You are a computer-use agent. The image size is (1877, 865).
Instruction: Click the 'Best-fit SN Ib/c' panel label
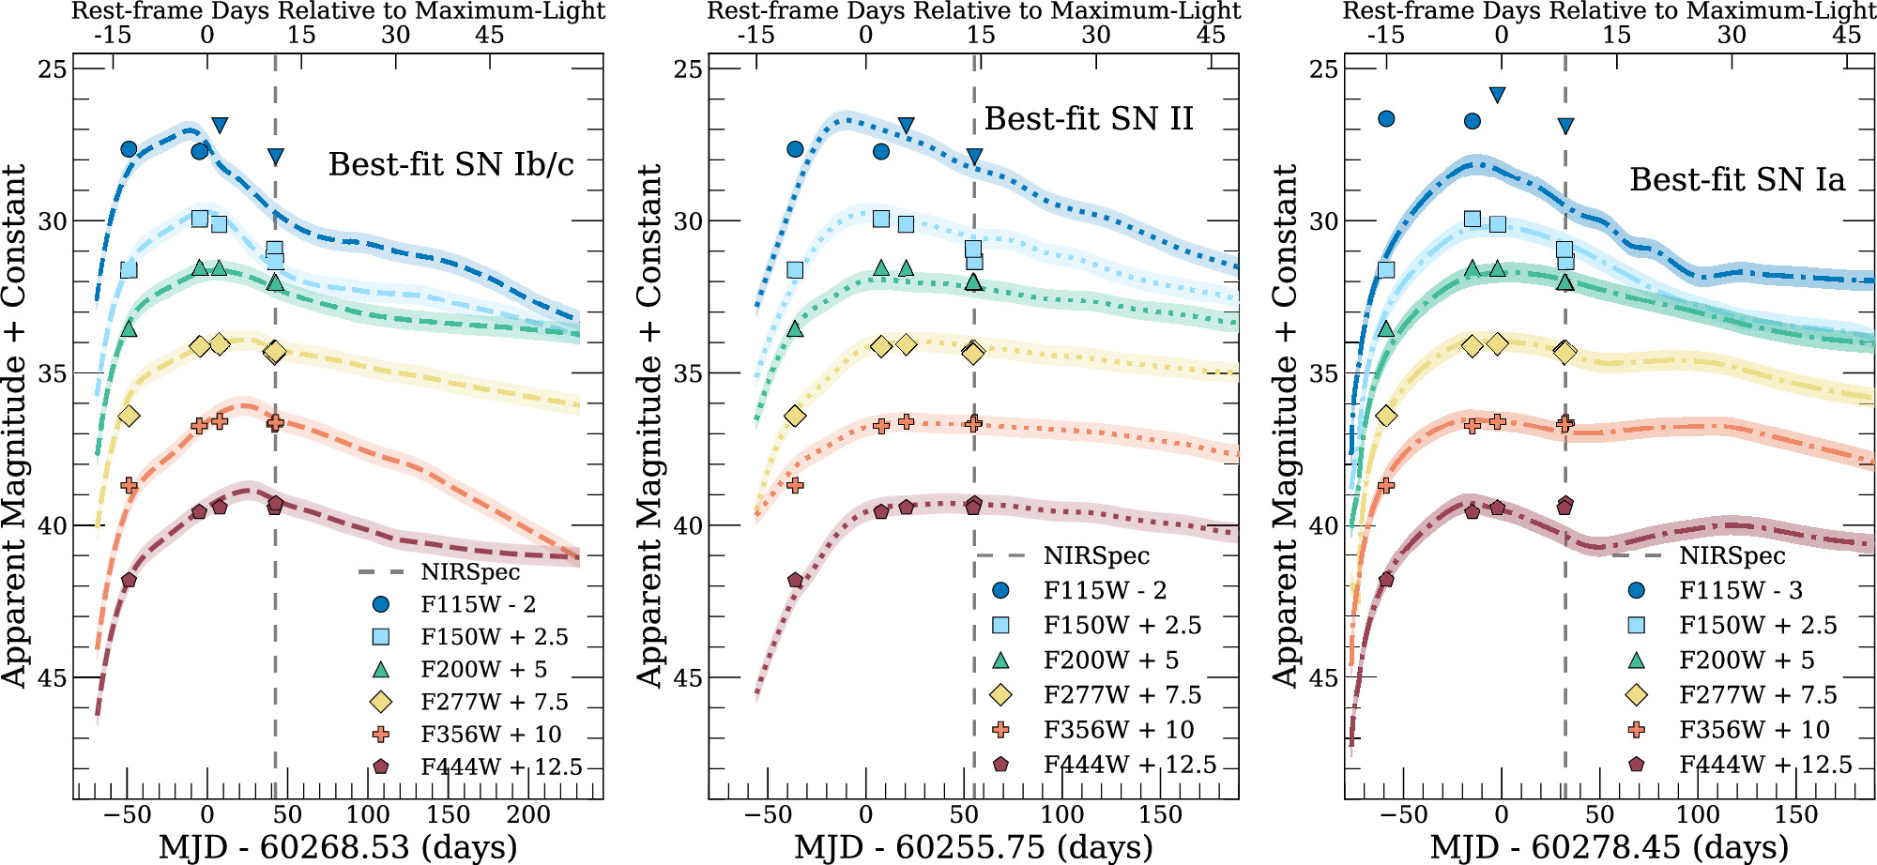tap(450, 164)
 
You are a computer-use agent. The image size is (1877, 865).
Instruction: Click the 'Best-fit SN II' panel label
tap(1089, 119)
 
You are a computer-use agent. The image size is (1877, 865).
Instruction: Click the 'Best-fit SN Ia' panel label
tap(1737, 179)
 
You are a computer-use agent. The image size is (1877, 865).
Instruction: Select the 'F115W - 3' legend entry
tap(1740, 590)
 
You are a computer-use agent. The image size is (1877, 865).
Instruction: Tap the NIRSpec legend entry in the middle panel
tap(1096, 556)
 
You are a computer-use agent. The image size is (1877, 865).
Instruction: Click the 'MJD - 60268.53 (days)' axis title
tap(338, 846)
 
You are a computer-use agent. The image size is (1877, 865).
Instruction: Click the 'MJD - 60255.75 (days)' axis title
tap(973, 846)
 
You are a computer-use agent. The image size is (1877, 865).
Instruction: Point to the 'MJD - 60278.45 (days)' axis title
tap(1609, 846)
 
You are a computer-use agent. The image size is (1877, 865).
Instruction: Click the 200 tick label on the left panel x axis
tap(528, 814)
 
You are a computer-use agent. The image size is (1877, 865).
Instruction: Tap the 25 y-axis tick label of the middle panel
tap(688, 69)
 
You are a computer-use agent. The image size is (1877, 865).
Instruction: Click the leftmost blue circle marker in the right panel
tap(1386, 119)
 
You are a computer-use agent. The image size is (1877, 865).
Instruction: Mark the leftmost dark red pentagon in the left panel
tap(129, 581)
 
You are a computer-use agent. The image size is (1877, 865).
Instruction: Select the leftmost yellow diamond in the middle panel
tap(795, 416)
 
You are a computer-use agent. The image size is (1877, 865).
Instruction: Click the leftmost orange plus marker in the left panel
tap(129, 486)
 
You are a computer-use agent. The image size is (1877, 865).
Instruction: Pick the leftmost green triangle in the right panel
tap(1386, 329)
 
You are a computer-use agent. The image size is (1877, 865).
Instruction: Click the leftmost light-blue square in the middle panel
tap(795, 270)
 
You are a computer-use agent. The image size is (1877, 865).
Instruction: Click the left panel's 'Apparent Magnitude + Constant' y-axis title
tap(14, 427)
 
